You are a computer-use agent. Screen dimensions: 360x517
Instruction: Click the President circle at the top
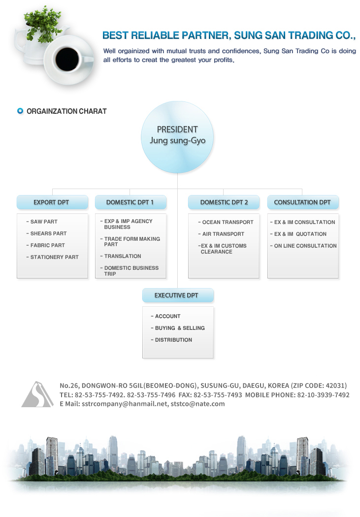pyautogui.click(x=177, y=137)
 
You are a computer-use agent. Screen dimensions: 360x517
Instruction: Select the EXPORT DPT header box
pyautogui.click(x=52, y=202)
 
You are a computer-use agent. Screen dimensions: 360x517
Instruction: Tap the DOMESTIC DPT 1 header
pyautogui.click(x=131, y=202)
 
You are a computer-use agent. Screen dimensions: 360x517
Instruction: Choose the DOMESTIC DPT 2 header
pyautogui.click(x=224, y=202)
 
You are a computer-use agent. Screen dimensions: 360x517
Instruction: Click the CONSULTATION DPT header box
pyautogui.click(x=303, y=202)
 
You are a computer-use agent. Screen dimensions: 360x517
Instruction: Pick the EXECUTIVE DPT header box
pyautogui.click(x=178, y=295)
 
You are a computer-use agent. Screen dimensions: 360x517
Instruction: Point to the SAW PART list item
pyautogui.click(x=42, y=222)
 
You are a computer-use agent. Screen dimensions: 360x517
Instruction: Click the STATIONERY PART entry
pyautogui.click(x=52, y=257)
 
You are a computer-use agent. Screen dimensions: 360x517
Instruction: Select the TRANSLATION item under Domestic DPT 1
pyautogui.click(x=121, y=256)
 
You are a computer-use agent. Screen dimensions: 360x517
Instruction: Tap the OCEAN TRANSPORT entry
pyautogui.click(x=226, y=222)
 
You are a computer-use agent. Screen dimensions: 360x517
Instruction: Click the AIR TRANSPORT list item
pyautogui.click(x=221, y=234)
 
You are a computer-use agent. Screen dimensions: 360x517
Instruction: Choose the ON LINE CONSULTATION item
pyautogui.click(x=303, y=246)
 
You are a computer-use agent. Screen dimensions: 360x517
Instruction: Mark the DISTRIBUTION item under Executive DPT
pyautogui.click(x=171, y=340)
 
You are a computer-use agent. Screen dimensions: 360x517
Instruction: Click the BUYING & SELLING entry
pyautogui.click(x=178, y=328)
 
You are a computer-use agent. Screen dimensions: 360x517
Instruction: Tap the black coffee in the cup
pyautogui.click(x=67, y=60)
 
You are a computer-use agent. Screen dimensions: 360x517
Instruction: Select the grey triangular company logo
pyautogui.click(x=37, y=394)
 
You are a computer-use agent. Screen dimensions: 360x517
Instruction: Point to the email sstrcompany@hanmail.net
pyautogui.click(x=125, y=404)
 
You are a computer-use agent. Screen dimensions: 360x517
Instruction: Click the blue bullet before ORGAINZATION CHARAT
pyautogui.click(x=20, y=111)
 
